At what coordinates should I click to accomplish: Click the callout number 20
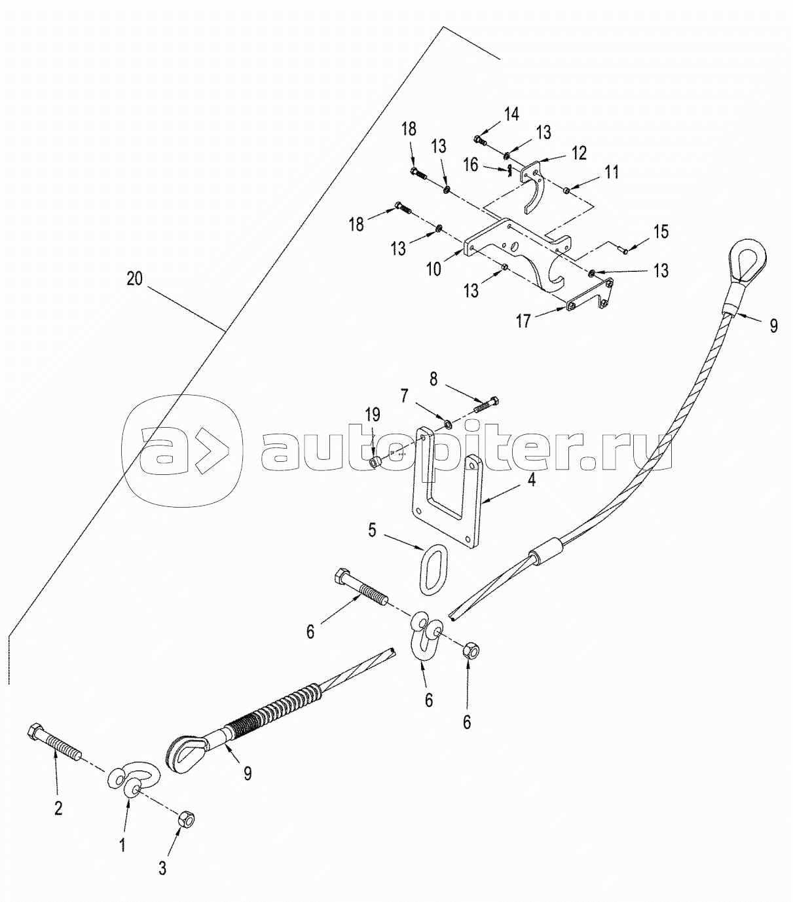134,278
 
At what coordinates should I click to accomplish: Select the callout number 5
373,530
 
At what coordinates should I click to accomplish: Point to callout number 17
523,321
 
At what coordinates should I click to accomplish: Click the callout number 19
373,415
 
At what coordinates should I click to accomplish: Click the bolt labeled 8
486,404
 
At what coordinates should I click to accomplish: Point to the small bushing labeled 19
376,462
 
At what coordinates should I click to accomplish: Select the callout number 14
512,114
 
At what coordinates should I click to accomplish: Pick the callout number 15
661,231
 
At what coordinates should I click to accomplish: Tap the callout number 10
434,269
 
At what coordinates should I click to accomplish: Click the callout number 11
612,172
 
